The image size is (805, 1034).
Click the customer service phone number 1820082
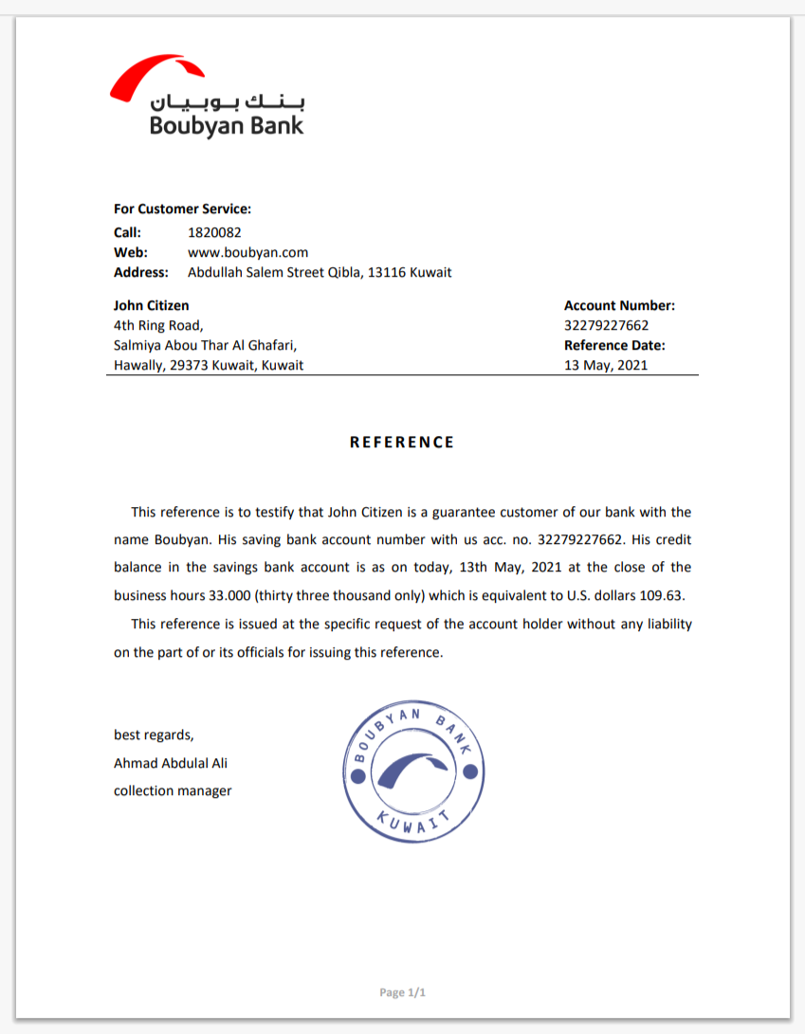pos(214,232)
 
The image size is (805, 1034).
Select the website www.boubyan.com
pos(248,252)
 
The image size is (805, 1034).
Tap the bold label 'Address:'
pos(140,272)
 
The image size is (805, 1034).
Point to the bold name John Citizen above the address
pos(151,305)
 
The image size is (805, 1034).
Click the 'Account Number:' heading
pos(619,305)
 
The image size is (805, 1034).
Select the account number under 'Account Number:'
pos(606,325)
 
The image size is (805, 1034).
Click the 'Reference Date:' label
pos(614,345)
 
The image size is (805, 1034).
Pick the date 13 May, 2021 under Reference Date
pos(606,365)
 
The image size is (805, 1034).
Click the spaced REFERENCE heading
pos(402,443)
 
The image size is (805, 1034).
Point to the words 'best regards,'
pos(154,735)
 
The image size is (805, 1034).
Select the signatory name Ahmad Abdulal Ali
pos(171,763)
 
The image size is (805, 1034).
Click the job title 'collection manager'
pos(173,790)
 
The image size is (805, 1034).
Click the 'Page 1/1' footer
pos(403,992)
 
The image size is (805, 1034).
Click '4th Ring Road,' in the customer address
pos(158,325)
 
